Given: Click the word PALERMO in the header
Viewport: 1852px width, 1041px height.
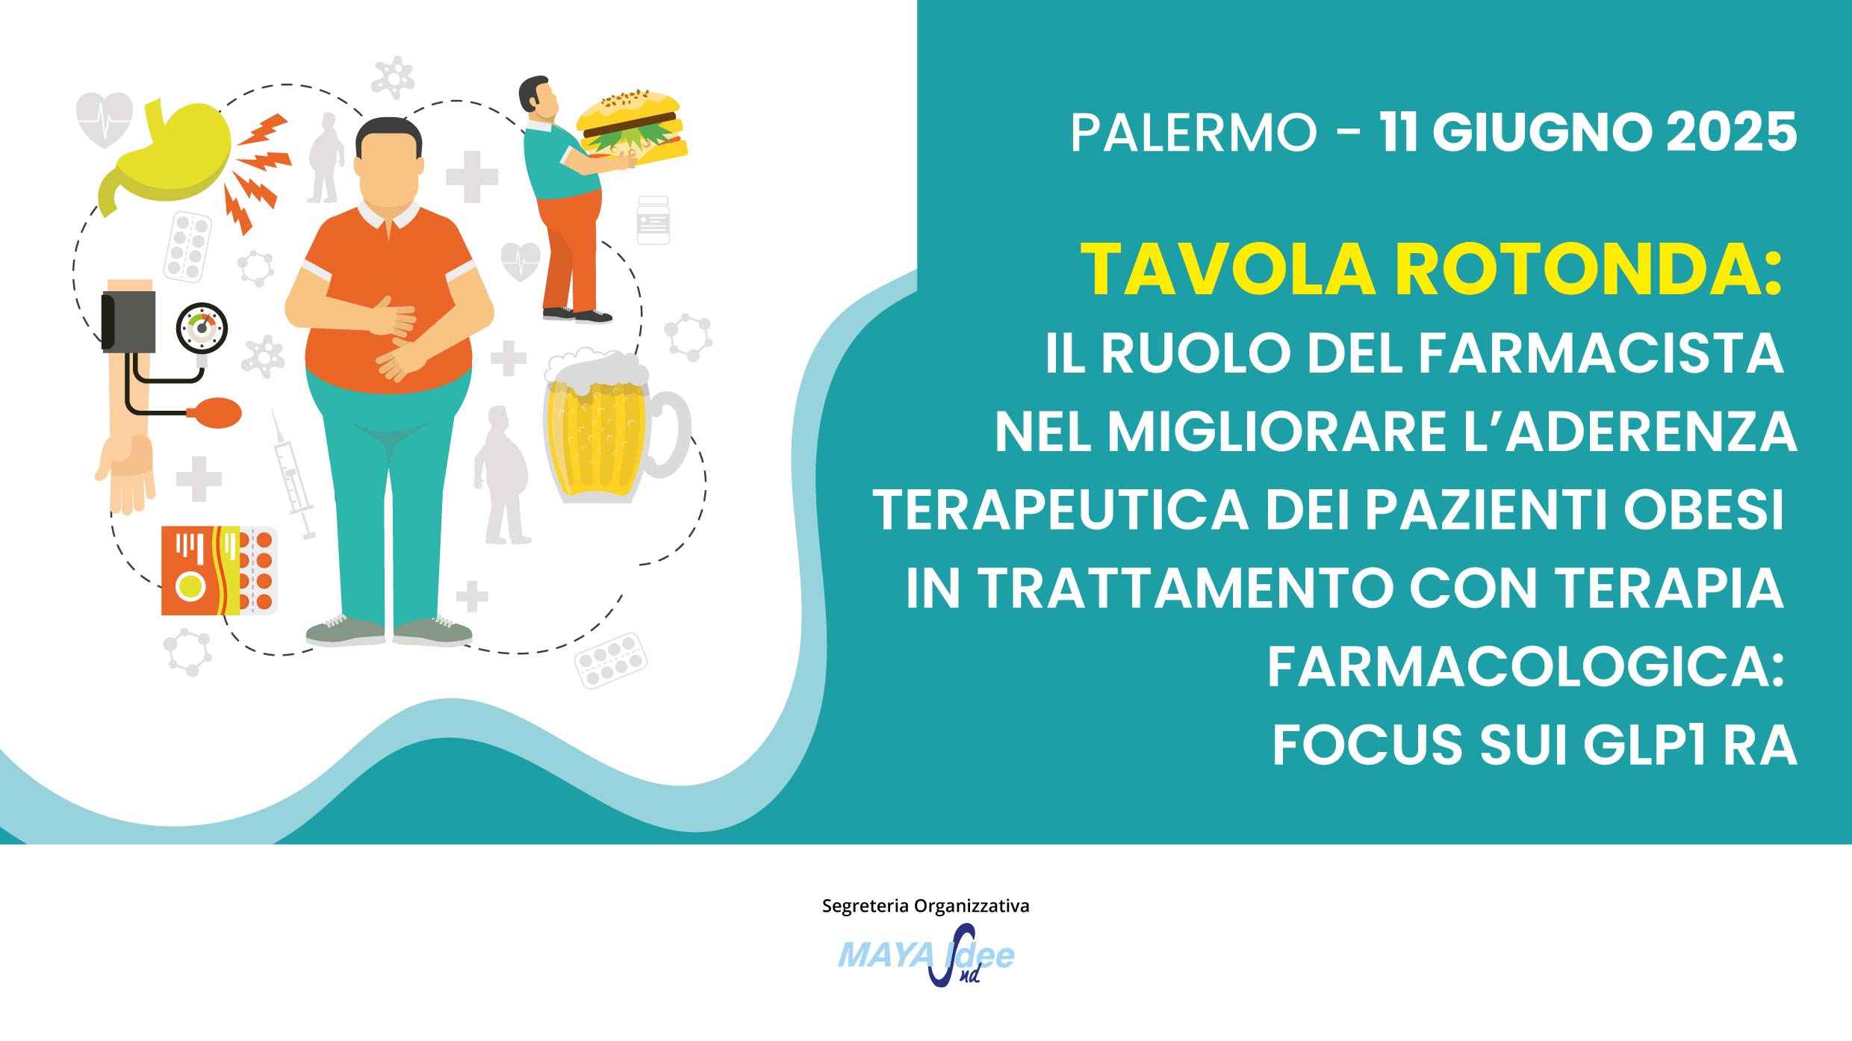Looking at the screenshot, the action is click(x=1193, y=133).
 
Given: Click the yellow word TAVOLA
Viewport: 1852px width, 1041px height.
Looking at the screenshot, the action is click(x=1228, y=270).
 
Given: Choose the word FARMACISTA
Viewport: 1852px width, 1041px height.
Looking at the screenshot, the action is click(x=1600, y=353).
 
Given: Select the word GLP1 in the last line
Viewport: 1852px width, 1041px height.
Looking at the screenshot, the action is click(x=1644, y=745).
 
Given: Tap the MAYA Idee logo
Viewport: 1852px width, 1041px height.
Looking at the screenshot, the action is click(x=926, y=955).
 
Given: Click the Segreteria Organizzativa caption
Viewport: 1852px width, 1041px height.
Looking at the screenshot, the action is click(x=925, y=906).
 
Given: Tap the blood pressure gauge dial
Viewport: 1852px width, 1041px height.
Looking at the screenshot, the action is click(x=202, y=327).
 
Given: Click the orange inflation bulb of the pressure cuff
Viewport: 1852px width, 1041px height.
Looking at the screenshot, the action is click(x=217, y=413).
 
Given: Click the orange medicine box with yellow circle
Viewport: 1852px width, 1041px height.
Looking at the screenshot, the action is click(x=200, y=571).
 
